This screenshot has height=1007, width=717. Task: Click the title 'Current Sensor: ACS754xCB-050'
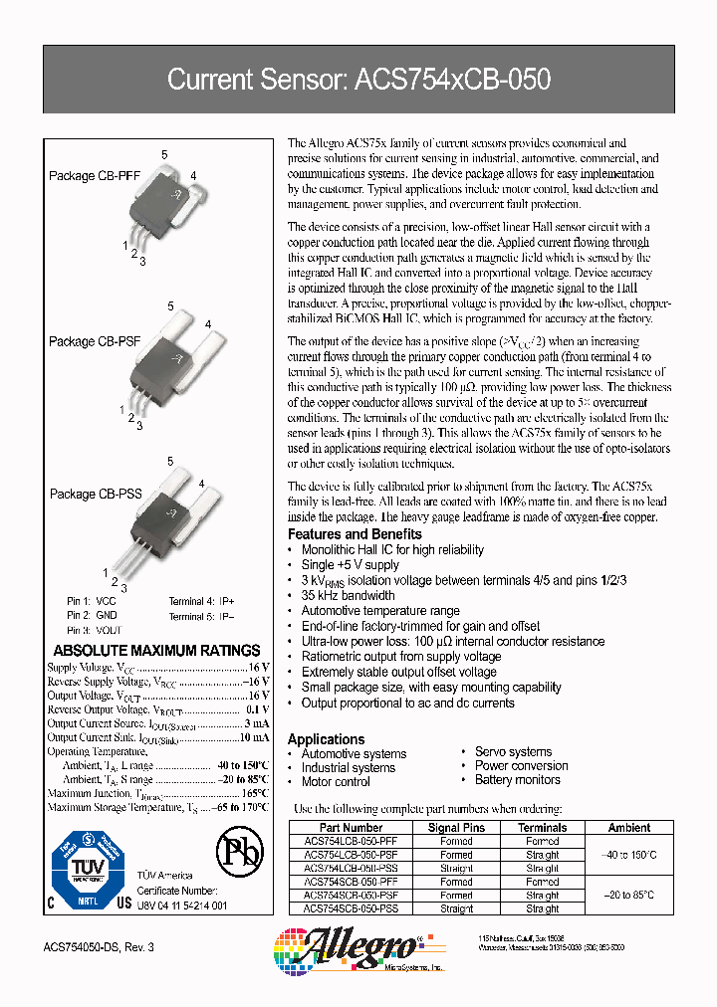358,80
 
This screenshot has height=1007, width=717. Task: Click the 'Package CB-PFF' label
95,176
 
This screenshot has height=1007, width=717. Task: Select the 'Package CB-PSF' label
95,341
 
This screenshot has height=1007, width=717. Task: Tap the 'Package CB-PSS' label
96,494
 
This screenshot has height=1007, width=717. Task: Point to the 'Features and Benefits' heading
355,534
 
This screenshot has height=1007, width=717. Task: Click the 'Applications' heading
326,739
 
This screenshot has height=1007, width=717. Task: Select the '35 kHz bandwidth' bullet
348,596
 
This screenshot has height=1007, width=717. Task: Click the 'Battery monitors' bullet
517,780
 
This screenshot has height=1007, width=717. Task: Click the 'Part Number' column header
351,828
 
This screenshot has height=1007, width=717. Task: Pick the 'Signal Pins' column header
456,828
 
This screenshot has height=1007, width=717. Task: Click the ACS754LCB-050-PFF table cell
351,841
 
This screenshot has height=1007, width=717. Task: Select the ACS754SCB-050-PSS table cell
351,908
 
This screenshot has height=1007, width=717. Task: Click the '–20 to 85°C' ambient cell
629,896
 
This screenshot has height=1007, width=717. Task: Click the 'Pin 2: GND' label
91,616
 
